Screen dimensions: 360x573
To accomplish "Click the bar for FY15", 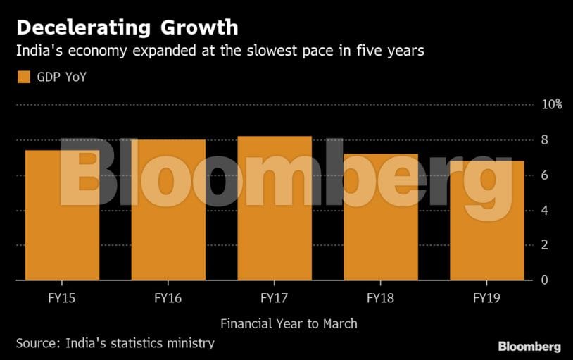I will click(x=62, y=215).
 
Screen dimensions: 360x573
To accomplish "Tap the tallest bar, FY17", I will click(x=275, y=208).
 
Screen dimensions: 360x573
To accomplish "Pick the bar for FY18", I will click(x=381, y=216).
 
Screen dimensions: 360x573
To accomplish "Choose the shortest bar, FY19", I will click(x=487, y=220).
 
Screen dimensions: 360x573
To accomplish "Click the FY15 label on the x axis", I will click(x=62, y=298).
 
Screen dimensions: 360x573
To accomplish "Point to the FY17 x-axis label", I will click(x=275, y=298).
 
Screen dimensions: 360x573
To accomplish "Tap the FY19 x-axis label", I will click(x=487, y=298).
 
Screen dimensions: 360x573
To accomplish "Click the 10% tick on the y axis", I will click(x=551, y=104).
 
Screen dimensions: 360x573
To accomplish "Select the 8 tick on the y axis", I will click(x=544, y=139).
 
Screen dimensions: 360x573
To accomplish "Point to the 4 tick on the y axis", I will click(x=544, y=210).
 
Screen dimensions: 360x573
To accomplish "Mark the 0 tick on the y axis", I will click(x=544, y=280).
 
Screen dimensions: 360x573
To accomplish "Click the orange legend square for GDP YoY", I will click(x=23, y=77).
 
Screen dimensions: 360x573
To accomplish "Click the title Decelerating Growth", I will click(x=127, y=27).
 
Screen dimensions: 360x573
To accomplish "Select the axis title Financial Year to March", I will click(x=289, y=324).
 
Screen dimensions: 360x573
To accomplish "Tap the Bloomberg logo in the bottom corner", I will click(x=529, y=346).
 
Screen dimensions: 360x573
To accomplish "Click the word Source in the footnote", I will click(x=37, y=343).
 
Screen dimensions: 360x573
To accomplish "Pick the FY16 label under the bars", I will click(x=168, y=298).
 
